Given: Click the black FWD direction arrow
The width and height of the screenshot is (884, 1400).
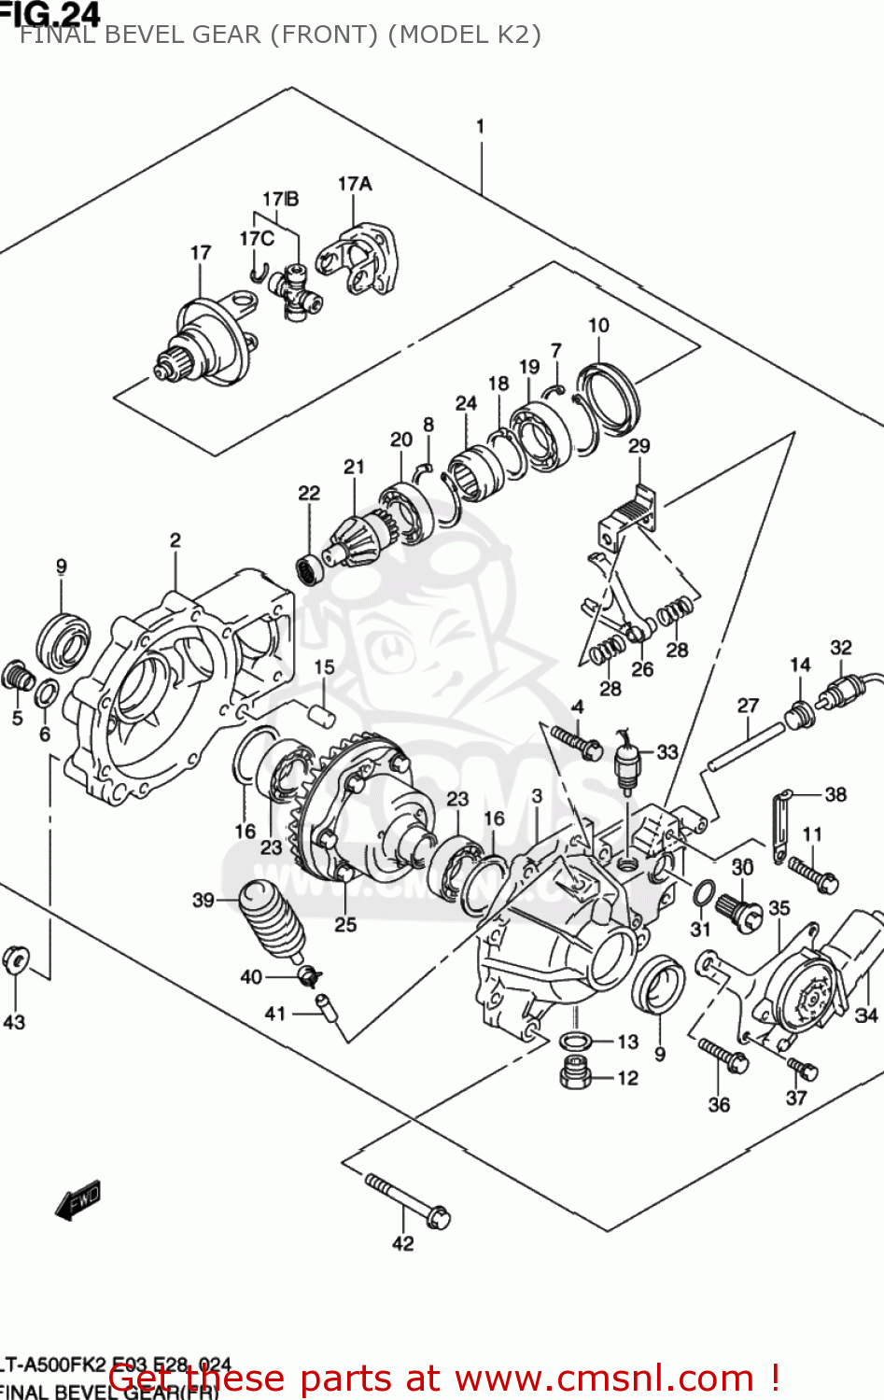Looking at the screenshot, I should click(77, 1200).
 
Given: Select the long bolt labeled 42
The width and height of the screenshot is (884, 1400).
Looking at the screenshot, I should click(407, 1200).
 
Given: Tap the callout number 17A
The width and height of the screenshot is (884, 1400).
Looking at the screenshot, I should click(355, 184).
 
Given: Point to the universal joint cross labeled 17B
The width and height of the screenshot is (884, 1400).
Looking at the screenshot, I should click(297, 290).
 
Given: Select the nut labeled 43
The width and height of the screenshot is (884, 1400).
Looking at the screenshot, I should click(16, 959).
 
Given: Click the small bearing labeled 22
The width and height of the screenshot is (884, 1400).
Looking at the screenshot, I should click(309, 568).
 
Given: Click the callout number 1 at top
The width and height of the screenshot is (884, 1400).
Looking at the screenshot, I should click(480, 126).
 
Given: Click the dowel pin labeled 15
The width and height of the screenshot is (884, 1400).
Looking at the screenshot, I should click(322, 715).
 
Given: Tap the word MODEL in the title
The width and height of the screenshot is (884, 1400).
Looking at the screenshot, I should click(428, 35).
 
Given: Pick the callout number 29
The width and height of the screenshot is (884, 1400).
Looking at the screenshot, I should click(638, 445).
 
